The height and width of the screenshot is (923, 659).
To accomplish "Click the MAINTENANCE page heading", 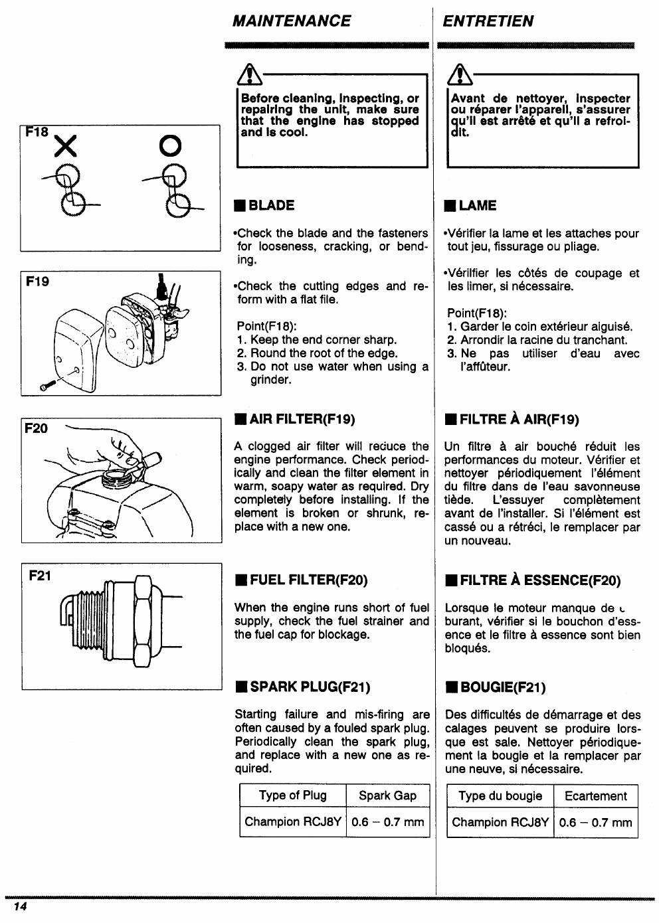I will pos(292,21).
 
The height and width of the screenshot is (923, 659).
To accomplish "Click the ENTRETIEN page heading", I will pos(488,21).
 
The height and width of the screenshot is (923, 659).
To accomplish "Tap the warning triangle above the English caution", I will pos(247,74).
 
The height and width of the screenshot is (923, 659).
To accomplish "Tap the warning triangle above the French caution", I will pos(458,74).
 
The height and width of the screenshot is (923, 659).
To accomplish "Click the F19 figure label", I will pos(37,282).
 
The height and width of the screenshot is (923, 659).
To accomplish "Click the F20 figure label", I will pos(36,428).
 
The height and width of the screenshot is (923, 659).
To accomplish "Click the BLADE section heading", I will pos(264,206).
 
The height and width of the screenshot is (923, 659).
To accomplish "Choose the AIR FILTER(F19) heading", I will pos(294,419).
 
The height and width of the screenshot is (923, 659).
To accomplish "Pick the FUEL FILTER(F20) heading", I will pos(301,580).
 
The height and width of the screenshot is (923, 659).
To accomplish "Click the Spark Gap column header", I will pos(387,796).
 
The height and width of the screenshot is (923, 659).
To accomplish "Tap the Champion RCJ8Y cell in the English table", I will pos(293,822).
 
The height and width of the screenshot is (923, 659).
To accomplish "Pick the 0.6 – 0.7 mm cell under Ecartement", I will pos(595,823).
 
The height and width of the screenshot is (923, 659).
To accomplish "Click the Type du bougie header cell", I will pos(500,796).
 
